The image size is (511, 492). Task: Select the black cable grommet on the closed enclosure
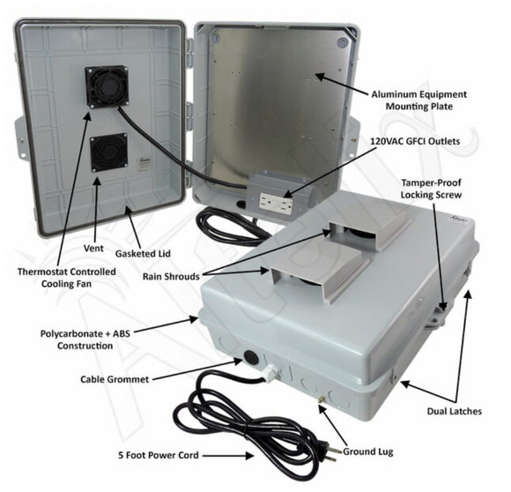click(x=250, y=360)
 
